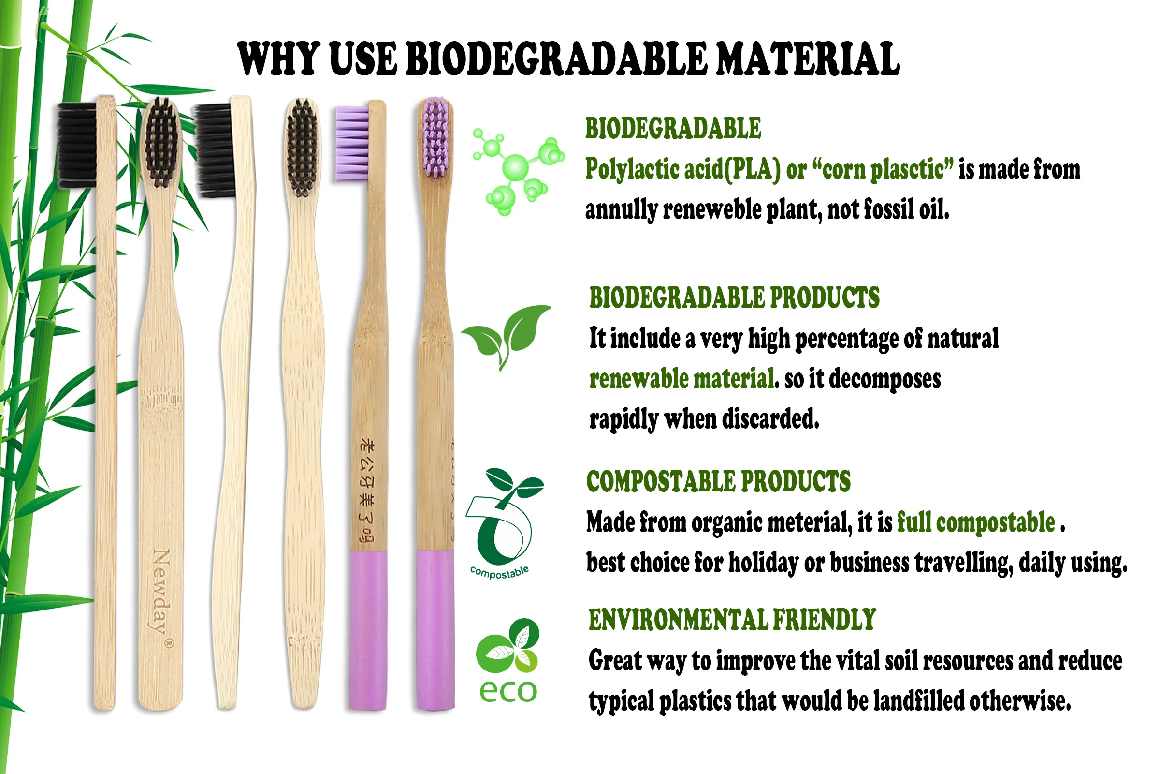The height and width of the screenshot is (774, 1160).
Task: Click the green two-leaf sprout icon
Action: [x=507, y=335]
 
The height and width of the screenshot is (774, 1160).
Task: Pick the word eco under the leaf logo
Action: [x=507, y=691]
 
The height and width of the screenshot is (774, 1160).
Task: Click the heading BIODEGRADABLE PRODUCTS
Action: [x=734, y=298]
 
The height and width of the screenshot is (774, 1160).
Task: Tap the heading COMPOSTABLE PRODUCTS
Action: [x=718, y=481]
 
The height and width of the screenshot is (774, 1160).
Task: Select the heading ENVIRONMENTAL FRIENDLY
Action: [x=732, y=620]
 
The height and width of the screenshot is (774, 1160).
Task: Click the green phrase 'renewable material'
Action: [x=681, y=379]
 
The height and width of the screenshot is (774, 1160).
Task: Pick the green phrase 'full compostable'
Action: [x=975, y=522]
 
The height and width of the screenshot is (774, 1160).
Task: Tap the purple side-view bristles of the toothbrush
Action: [x=352, y=143]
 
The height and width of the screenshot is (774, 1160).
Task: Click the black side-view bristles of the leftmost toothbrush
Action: [x=77, y=146]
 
